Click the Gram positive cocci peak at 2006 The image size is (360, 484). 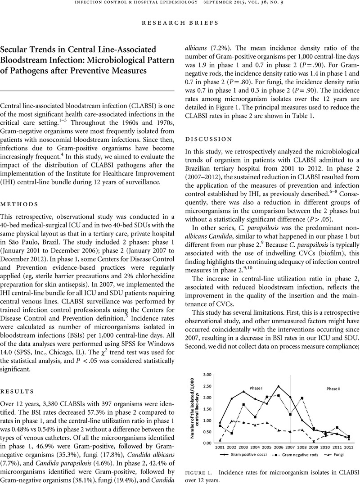tap(279, 386)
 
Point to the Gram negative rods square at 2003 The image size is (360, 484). tap(244, 405)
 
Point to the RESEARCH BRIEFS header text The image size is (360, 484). tap(180, 21)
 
